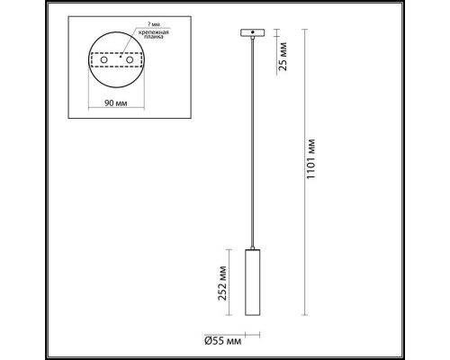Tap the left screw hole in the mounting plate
tap(104, 69)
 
